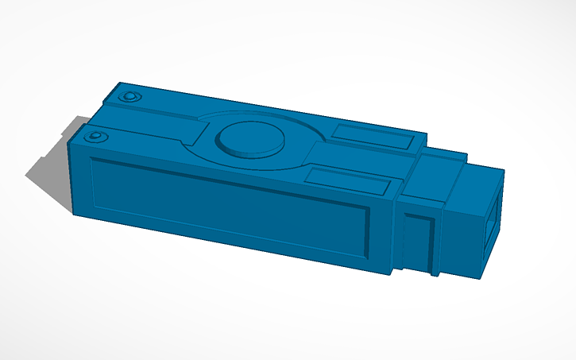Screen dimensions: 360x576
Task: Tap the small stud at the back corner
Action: click(130, 97)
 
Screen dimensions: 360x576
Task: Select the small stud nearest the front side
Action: click(96, 137)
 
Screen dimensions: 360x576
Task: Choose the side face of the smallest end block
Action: click(461, 238)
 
